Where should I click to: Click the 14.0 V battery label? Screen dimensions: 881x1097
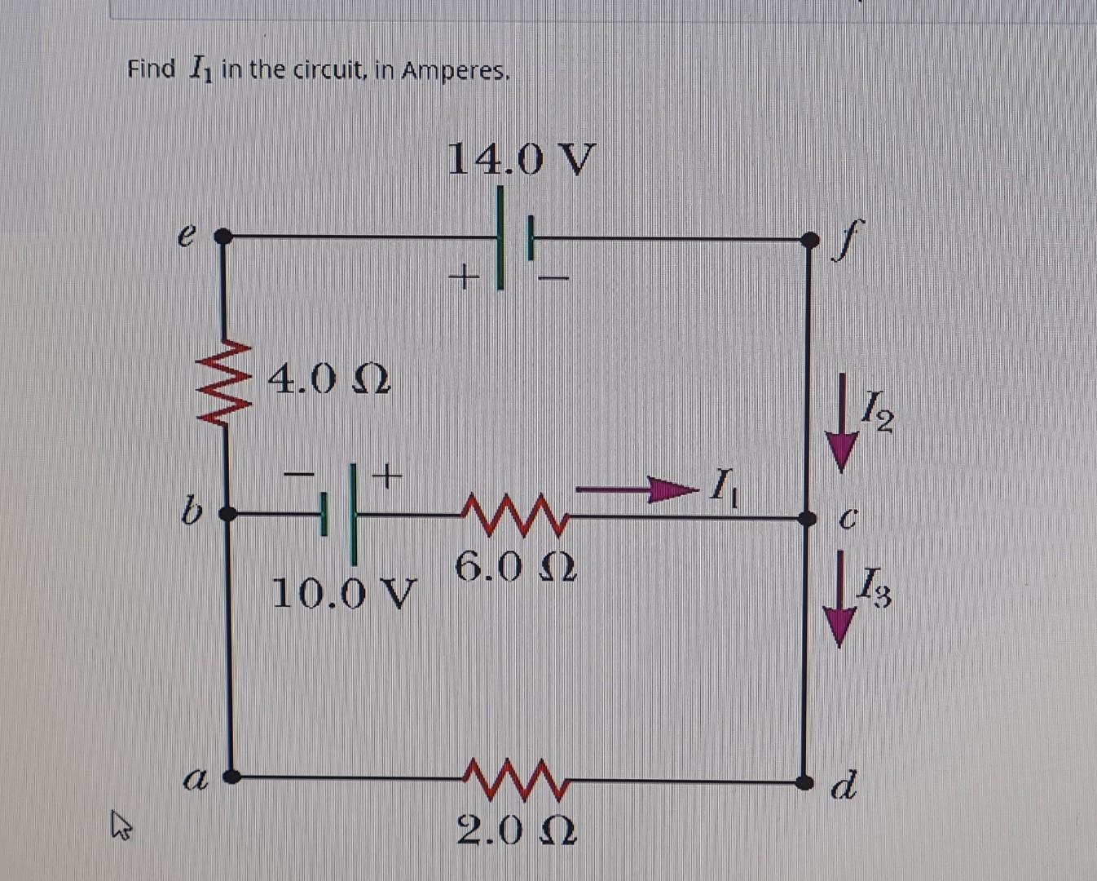522,158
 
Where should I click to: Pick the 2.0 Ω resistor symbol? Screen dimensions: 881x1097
513,780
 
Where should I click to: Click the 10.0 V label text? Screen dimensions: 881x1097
343,593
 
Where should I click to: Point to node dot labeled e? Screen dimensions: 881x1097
222,237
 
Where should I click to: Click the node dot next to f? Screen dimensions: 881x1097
809,240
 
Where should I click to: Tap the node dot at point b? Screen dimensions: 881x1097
229,514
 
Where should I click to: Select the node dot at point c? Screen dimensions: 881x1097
807,519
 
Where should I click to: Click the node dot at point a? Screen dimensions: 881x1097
232,777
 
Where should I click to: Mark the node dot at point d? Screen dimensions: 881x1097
805,782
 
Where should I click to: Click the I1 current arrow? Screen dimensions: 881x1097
637,489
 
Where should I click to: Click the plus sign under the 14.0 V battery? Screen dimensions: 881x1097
463,277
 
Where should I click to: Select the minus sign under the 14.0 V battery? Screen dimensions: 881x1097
552,279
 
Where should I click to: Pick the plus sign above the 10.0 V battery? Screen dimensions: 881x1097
388,473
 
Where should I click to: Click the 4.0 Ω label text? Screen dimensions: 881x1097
329,379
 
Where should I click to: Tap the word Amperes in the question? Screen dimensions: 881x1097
455,71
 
